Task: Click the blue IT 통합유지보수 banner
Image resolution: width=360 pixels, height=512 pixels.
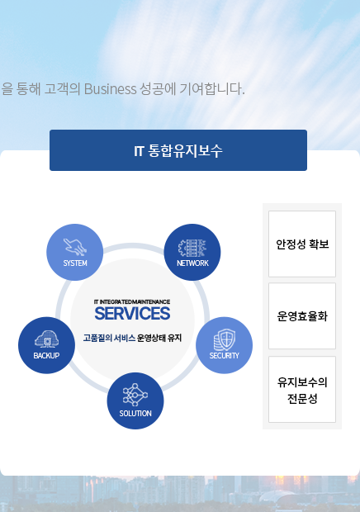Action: tap(178, 150)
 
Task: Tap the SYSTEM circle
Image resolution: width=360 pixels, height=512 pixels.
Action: tap(75, 252)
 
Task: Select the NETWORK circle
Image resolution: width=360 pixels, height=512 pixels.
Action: tap(192, 252)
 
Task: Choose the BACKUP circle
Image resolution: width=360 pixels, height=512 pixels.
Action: tap(47, 345)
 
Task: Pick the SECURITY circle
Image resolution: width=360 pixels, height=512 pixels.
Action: tap(225, 345)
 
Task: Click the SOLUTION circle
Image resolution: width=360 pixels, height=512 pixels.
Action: tap(135, 401)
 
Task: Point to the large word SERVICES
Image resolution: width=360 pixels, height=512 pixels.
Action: tap(132, 314)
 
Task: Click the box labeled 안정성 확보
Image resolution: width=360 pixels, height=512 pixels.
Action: tap(302, 244)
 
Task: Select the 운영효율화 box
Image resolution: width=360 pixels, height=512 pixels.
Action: tap(302, 315)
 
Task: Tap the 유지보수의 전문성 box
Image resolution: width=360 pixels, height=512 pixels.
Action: tap(302, 389)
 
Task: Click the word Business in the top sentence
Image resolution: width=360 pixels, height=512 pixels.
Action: tap(111, 89)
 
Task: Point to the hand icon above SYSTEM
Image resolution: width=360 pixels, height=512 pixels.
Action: tap(75, 247)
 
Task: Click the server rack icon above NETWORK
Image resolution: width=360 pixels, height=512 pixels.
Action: tap(192, 249)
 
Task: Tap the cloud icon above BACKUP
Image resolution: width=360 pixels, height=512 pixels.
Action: tap(47, 339)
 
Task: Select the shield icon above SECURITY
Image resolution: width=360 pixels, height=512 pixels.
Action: tap(225, 339)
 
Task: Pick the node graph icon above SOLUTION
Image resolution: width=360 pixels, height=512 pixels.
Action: tap(135, 395)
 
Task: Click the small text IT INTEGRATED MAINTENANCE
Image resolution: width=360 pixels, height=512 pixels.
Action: tap(132, 301)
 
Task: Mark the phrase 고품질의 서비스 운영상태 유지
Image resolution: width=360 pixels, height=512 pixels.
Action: tap(132, 338)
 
